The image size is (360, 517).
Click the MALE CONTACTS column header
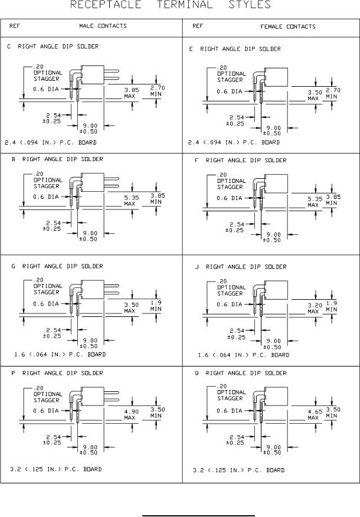[x=103, y=26]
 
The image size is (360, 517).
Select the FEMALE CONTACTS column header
[x=287, y=27]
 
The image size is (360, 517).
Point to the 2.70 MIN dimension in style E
[x=332, y=92]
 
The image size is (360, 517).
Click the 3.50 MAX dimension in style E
[x=315, y=96]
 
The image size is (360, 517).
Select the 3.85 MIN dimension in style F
[x=332, y=199]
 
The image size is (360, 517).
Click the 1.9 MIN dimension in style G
[x=156, y=306]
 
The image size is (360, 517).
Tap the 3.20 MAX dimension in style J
[x=315, y=308]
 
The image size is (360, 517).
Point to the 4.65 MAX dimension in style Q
[x=315, y=414]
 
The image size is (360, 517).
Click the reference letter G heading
[x=13, y=266]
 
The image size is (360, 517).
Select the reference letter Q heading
[x=197, y=373]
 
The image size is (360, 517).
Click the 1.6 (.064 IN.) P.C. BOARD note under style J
[x=244, y=355]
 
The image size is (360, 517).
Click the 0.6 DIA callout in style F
[x=230, y=198]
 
